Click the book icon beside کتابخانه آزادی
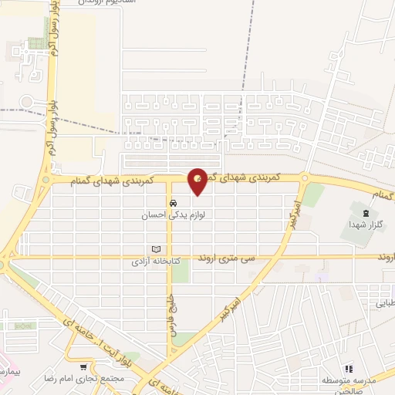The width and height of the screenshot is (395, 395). tap(157, 249)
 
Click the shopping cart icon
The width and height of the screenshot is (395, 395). tap(83, 367)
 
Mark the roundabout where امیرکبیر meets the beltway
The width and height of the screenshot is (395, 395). tap(306, 179)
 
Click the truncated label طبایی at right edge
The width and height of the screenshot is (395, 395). tap(383, 304)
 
